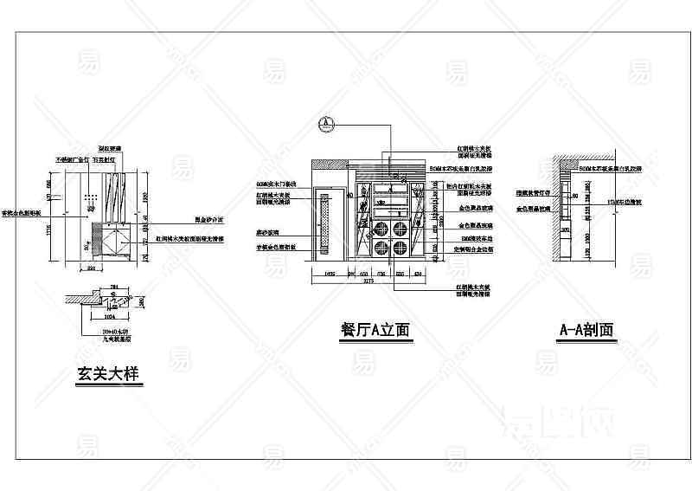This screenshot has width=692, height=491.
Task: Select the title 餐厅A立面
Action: tap(375, 330)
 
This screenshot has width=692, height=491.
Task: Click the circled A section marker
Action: tap(325, 123)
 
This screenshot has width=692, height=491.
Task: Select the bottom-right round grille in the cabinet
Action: tap(400, 249)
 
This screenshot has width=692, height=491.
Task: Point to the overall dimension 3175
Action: tap(367, 281)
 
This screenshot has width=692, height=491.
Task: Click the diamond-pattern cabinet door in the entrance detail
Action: tap(112, 240)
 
